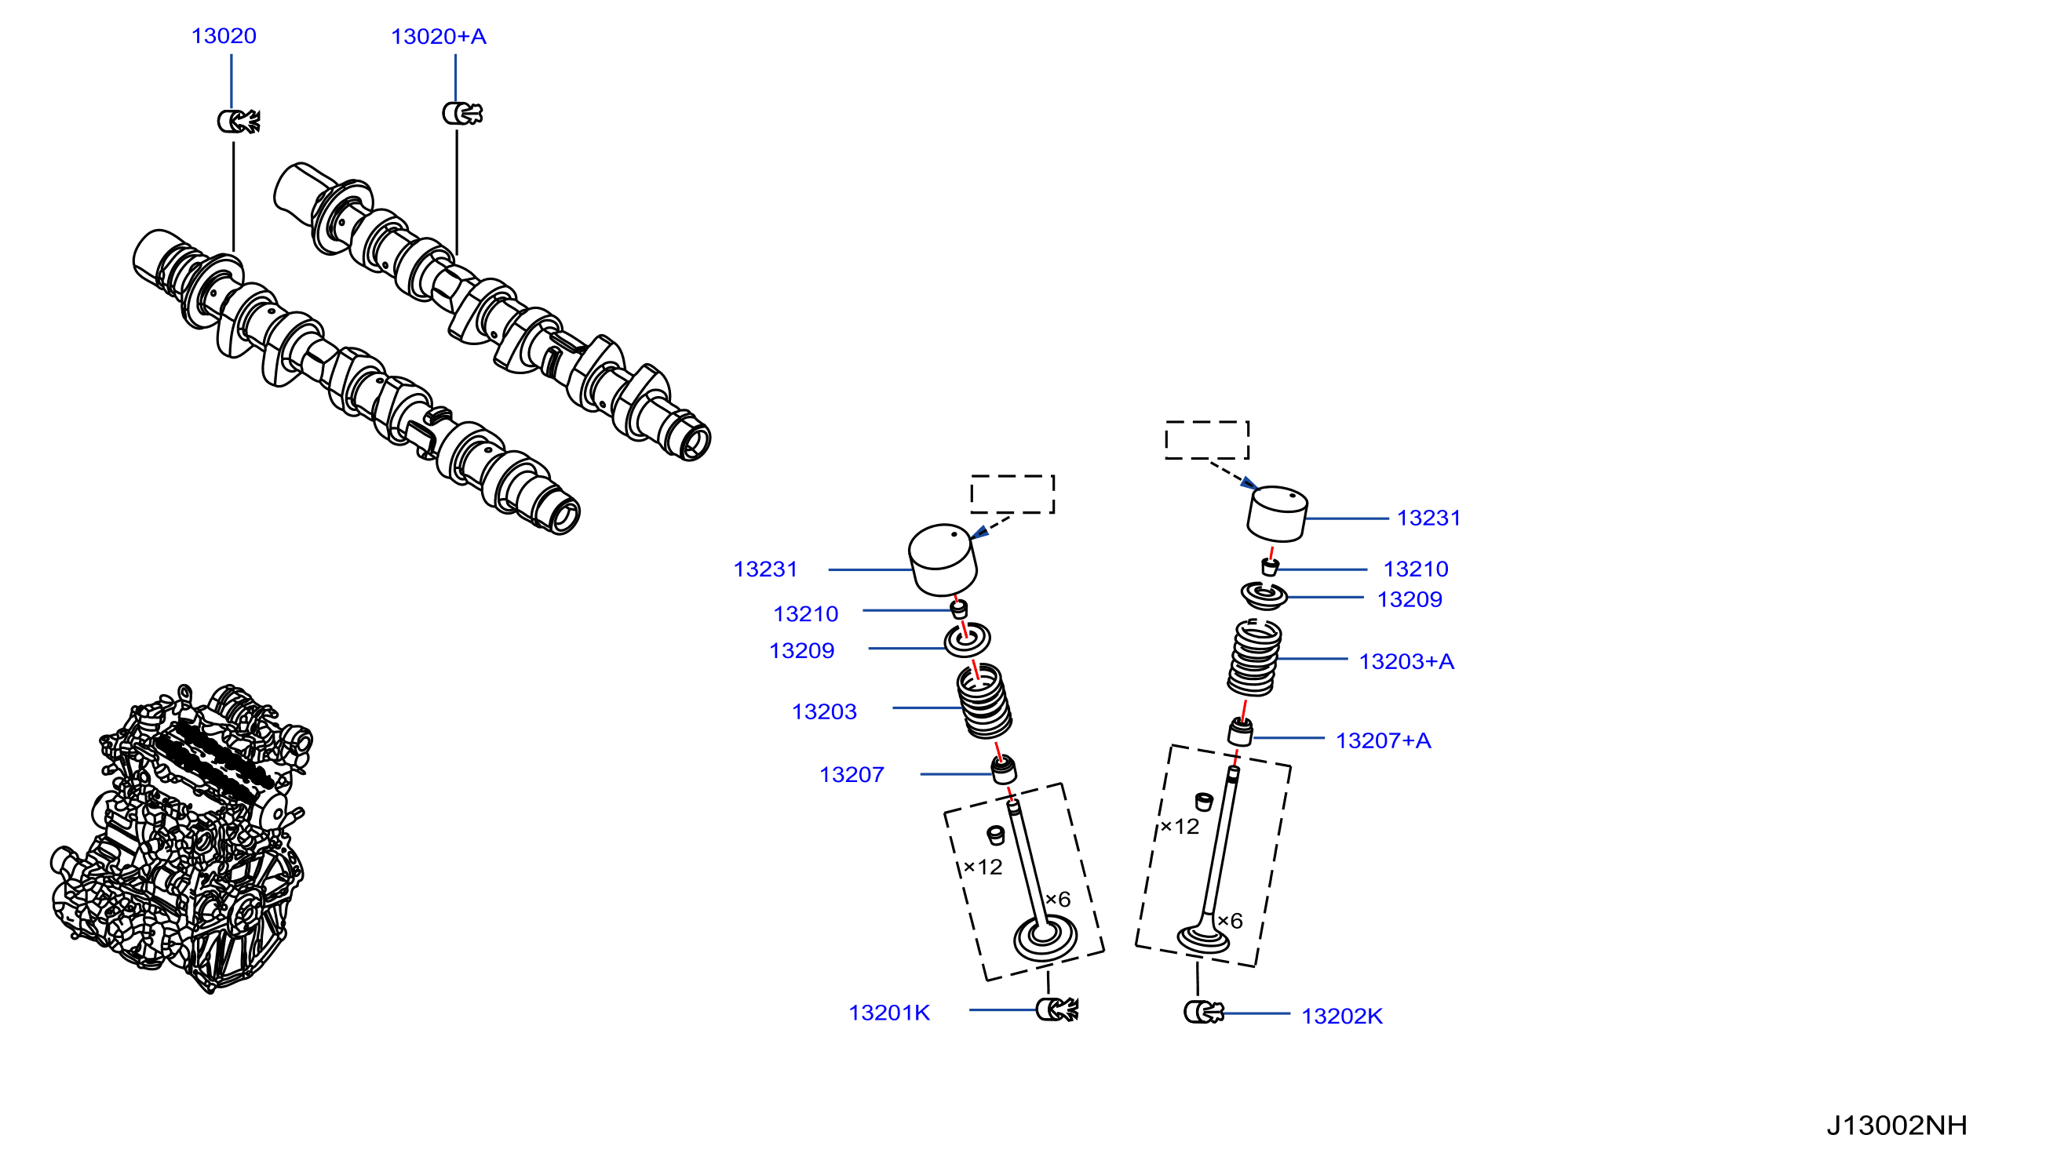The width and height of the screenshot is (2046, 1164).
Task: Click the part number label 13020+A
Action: point(438,37)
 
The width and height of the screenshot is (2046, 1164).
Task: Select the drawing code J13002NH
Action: point(1896,1126)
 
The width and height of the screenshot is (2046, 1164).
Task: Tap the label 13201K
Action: point(888,1013)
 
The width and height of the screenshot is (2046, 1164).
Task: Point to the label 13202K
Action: point(1341,1016)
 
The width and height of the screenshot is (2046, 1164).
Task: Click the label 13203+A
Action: point(1406,662)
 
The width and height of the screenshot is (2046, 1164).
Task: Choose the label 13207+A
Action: point(1383,740)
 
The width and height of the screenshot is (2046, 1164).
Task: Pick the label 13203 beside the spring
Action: point(824,711)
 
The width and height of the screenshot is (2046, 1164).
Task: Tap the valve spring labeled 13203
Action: point(985,701)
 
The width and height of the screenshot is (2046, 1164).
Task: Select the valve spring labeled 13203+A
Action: point(1254,657)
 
